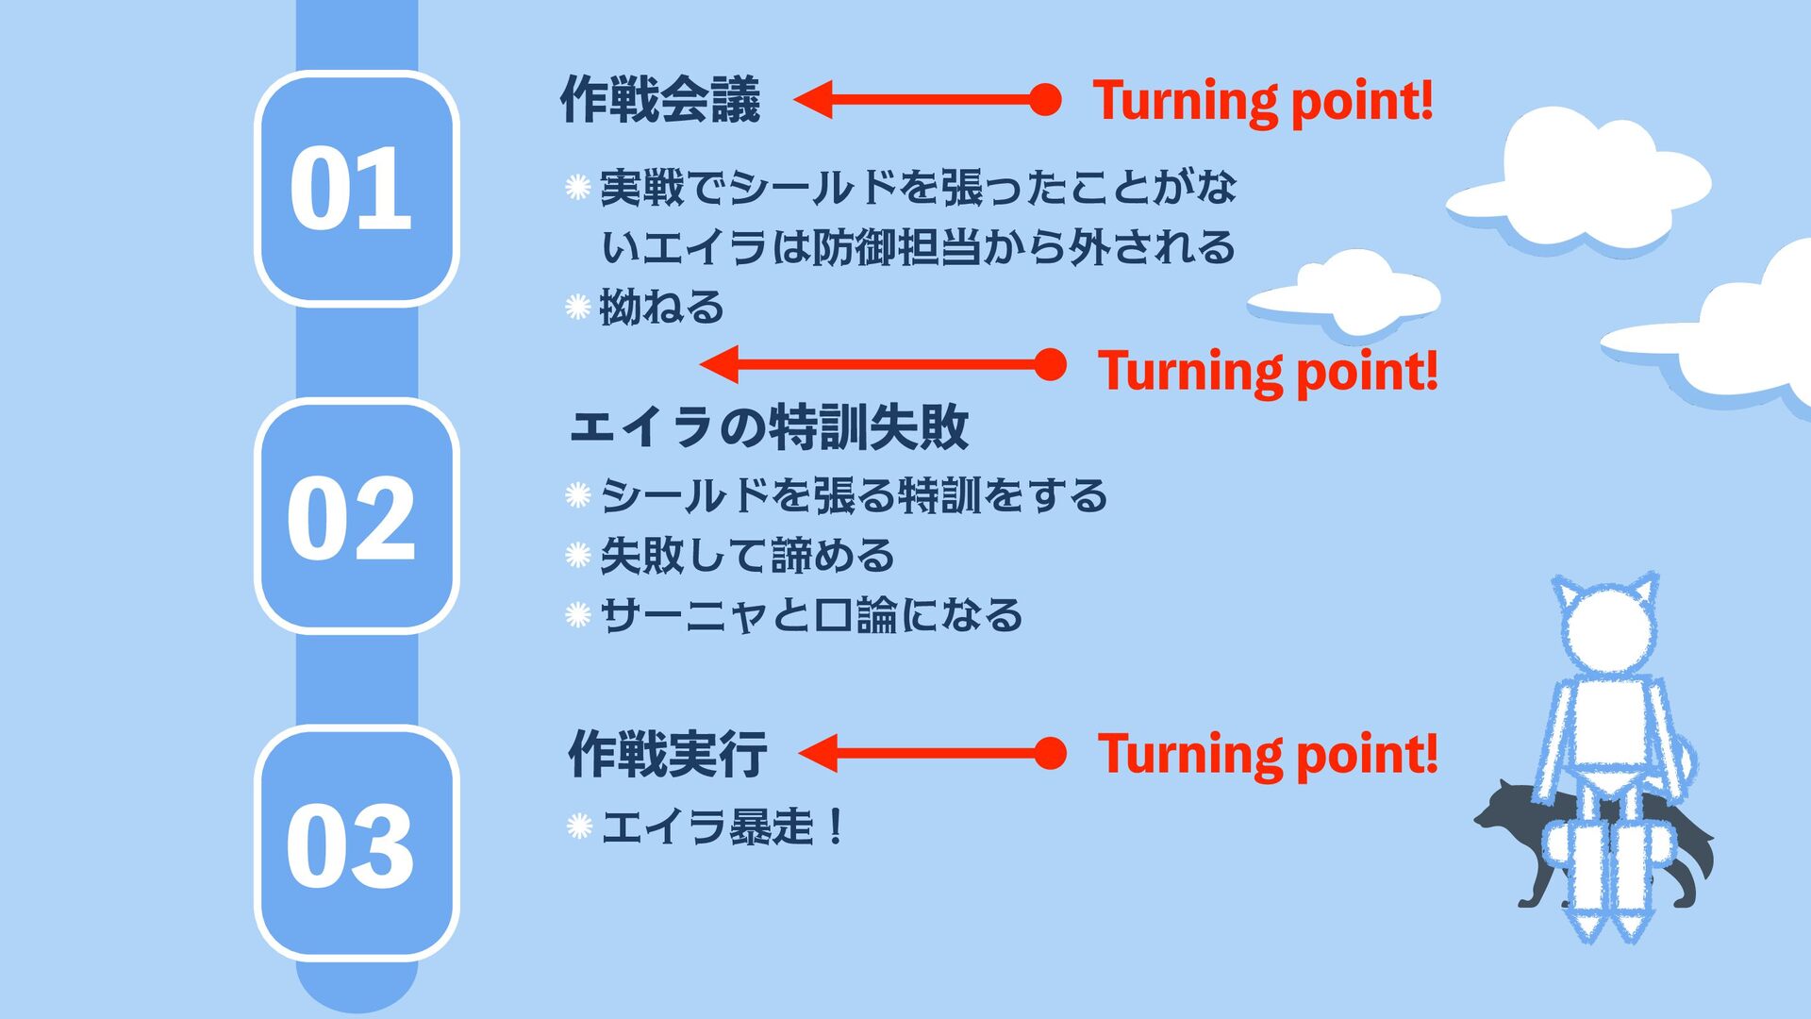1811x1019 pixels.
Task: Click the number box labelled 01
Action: (x=356, y=188)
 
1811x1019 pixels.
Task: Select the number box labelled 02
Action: (x=356, y=516)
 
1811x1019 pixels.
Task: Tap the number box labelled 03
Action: (x=356, y=844)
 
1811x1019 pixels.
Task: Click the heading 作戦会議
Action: (x=660, y=99)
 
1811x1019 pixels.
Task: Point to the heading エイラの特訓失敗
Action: (x=769, y=426)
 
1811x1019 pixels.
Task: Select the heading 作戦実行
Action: (x=668, y=754)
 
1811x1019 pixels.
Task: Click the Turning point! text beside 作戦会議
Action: (x=1262, y=100)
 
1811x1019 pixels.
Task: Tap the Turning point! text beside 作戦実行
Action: (x=1267, y=754)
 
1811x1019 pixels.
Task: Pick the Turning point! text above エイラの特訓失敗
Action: (x=1267, y=370)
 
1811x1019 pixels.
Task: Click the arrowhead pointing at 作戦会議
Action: (x=814, y=99)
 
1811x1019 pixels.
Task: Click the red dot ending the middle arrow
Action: (x=1050, y=365)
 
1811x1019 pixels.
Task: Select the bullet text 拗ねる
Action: (x=662, y=308)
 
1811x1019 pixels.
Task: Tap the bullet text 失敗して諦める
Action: (x=747, y=555)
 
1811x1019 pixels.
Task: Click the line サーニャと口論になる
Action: (x=811, y=615)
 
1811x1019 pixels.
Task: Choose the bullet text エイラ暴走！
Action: (x=722, y=827)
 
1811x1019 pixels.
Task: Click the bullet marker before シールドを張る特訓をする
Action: (x=577, y=495)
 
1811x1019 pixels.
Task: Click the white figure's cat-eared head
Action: (x=1605, y=627)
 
